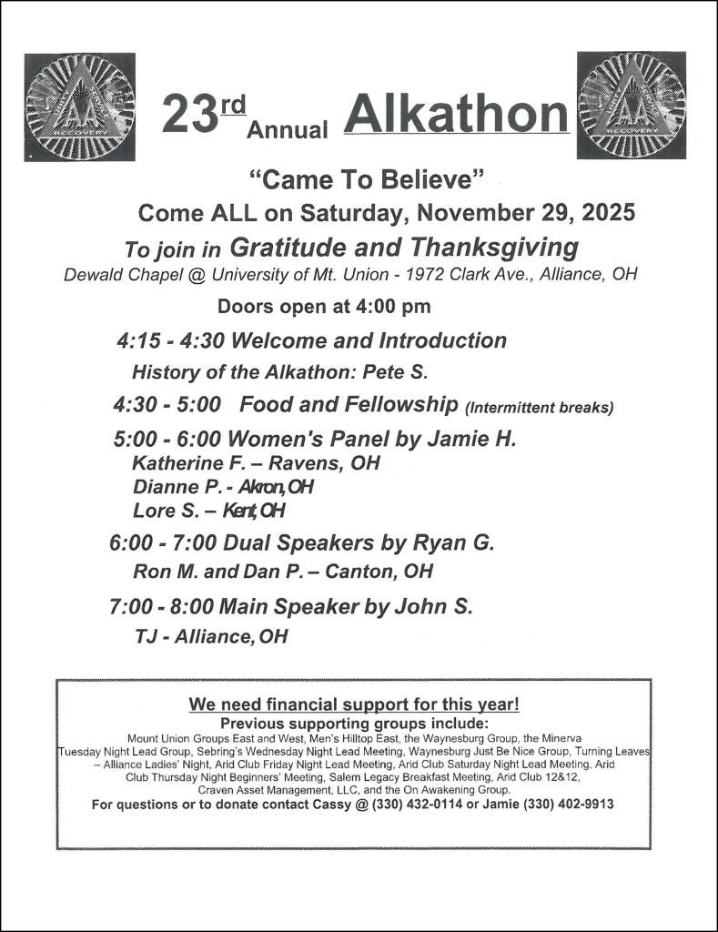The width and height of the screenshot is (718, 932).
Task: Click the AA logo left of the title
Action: coord(80,106)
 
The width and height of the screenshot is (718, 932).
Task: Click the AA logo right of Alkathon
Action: coord(632,105)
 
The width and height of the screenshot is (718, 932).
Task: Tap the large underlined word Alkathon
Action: coord(457,115)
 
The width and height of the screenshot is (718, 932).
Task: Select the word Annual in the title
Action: coord(288,130)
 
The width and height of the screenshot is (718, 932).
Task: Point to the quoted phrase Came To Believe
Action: coord(366,180)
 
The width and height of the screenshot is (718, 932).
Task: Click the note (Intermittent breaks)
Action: coord(539,408)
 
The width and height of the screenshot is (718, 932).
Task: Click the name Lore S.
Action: coord(164,510)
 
